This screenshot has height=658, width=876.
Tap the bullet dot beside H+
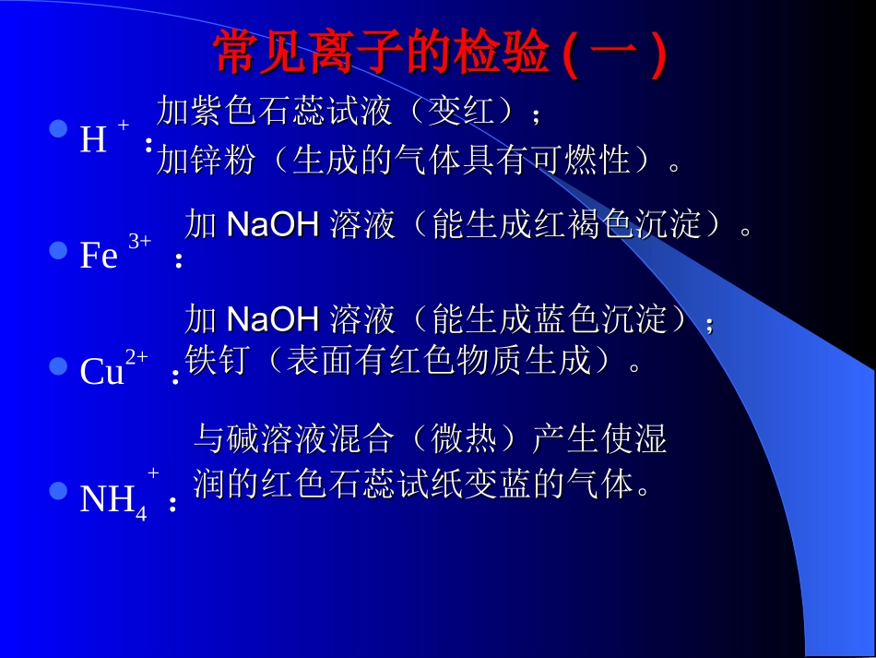click(58, 129)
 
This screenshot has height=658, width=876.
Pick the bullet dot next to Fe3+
click(58, 250)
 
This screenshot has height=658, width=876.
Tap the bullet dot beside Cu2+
click(58, 367)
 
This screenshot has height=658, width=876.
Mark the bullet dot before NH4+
click(58, 490)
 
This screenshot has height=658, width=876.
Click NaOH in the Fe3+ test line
click(272, 224)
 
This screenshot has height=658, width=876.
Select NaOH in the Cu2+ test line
click(272, 319)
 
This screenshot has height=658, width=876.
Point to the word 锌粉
click(222, 161)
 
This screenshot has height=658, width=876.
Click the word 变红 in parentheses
click(476, 112)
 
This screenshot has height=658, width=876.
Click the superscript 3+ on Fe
click(139, 241)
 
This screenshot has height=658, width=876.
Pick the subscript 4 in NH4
click(141, 512)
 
